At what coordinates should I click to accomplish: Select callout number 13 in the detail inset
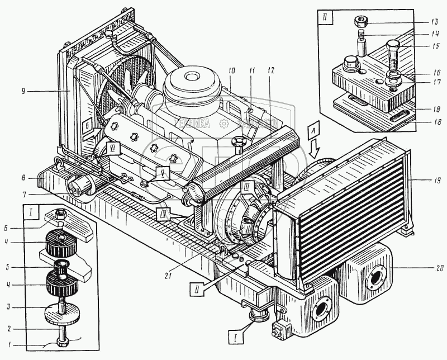pyautogui.click(x=435, y=23)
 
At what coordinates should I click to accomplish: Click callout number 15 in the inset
pyautogui.click(x=435, y=46)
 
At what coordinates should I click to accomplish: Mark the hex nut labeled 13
pyautogui.click(x=360, y=22)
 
